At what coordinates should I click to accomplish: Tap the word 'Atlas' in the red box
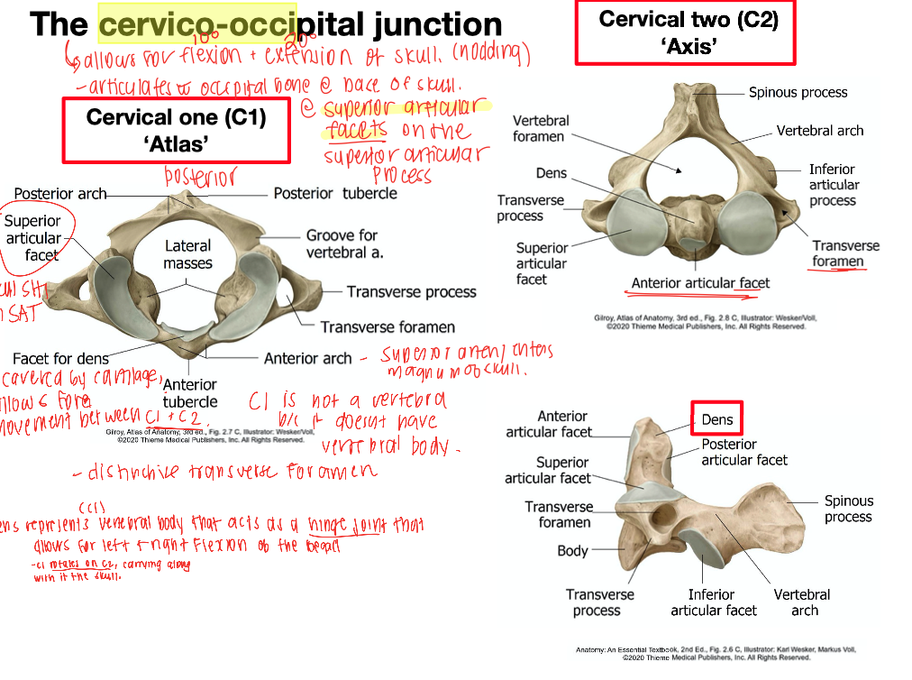176,143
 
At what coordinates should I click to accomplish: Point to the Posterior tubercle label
334,193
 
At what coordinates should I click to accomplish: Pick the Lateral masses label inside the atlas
187,254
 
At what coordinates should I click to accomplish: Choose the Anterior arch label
307,358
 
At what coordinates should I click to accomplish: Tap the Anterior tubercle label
190,393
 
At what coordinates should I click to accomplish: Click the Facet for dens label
61,359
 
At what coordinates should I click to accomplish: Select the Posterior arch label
60,194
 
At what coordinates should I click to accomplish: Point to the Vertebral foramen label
539,128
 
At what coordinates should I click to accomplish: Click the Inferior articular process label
832,184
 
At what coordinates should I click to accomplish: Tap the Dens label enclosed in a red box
717,419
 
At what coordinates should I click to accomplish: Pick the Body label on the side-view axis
572,550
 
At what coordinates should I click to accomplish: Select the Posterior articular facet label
744,452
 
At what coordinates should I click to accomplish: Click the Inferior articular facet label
714,602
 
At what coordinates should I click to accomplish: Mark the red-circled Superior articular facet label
33,238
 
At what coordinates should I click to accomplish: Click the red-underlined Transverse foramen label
845,253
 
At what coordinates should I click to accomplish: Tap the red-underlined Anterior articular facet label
700,283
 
